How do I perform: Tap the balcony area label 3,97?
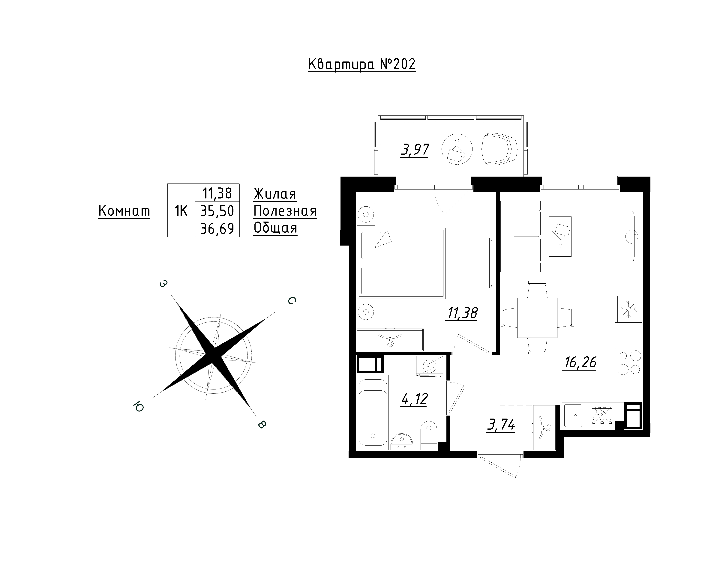click(x=415, y=150)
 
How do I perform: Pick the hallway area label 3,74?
click(x=501, y=426)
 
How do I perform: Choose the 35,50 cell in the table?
click(x=217, y=211)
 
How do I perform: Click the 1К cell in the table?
click(x=181, y=211)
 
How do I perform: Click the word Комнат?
click(x=124, y=211)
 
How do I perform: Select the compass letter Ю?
click(x=138, y=407)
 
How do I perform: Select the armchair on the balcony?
click(x=499, y=149)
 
